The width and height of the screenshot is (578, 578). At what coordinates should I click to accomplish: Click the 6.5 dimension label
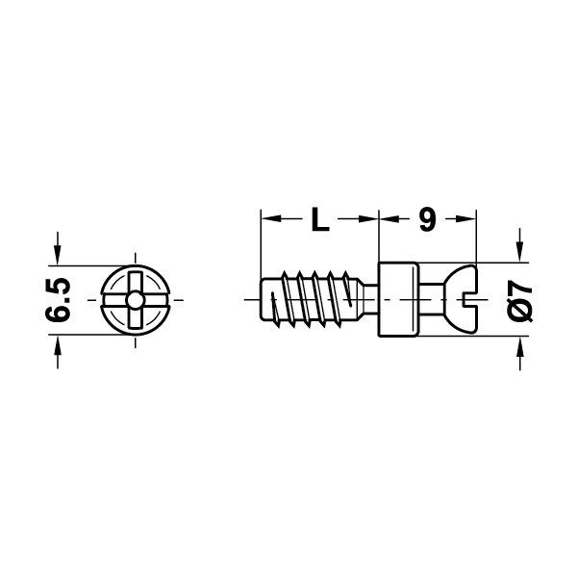click(60, 299)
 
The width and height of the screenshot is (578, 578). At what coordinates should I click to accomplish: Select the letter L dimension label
click(319, 220)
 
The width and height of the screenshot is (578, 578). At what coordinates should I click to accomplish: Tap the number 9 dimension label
click(427, 220)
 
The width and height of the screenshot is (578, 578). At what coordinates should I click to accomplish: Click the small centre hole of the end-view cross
click(134, 301)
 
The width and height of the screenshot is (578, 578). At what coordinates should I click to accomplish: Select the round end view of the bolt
click(134, 301)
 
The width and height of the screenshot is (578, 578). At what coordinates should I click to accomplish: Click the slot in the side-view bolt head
click(469, 301)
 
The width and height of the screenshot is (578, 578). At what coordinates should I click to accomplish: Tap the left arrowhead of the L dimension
click(268, 220)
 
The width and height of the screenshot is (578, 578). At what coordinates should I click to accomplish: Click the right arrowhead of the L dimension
click(371, 220)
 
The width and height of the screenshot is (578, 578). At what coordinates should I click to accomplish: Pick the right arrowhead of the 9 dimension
click(470, 220)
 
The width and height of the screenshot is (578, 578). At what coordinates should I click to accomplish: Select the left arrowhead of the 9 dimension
click(387, 220)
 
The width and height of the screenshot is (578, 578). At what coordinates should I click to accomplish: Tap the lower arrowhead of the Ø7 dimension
click(521, 348)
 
